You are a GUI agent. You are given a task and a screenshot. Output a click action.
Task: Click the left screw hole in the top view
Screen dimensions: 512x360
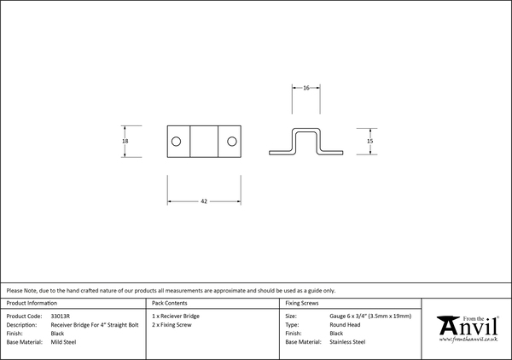click(x=176, y=142)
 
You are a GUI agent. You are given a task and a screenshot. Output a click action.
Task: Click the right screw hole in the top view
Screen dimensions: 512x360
click(x=232, y=142)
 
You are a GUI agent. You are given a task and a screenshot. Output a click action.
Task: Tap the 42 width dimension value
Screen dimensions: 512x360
click(x=204, y=201)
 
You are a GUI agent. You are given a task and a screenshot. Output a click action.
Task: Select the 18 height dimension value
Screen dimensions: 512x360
click(x=125, y=141)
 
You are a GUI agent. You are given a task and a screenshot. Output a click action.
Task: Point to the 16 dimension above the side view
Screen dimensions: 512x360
click(x=306, y=88)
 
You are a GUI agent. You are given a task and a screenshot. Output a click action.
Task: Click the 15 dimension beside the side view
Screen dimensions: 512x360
click(x=369, y=141)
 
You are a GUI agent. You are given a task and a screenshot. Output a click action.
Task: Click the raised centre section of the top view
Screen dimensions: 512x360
click(x=204, y=142)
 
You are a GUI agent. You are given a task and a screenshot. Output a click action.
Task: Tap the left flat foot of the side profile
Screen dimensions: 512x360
click(x=280, y=153)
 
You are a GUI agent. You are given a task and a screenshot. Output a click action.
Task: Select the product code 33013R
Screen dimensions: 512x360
click(x=61, y=316)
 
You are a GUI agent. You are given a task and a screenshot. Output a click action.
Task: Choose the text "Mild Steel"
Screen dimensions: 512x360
click(x=63, y=342)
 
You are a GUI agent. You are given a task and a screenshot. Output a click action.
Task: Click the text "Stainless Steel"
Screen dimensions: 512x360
click(x=347, y=342)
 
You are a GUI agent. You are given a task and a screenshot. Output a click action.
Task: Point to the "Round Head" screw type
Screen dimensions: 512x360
click(x=345, y=325)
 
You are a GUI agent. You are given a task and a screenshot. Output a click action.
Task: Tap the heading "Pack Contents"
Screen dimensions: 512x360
click(x=170, y=303)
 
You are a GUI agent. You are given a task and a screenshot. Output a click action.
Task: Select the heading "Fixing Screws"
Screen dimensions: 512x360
click(x=302, y=303)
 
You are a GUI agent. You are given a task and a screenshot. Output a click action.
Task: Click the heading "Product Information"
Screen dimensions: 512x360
click(x=32, y=303)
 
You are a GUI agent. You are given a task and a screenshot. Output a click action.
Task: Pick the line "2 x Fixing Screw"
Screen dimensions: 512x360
click(x=172, y=325)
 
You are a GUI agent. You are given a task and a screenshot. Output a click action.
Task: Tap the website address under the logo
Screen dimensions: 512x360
click(x=468, y=340)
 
